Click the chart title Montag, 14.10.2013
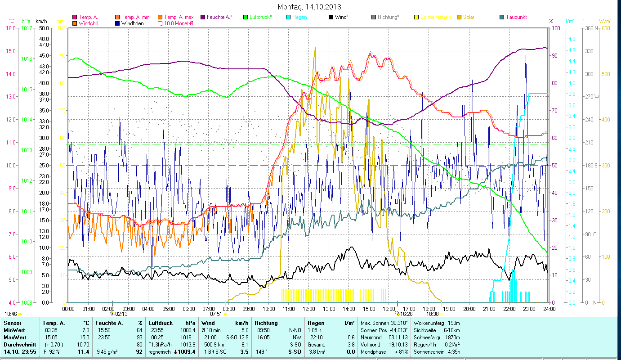click(x=309, y=7)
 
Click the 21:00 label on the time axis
click(x=489, y=309)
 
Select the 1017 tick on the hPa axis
click(x=27, y=28)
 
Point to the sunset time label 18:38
click(x=433, y=314)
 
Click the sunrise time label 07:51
click(x=216, y=314)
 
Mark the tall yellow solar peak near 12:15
click(x=315, y=48)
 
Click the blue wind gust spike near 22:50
click(x=526, y=56)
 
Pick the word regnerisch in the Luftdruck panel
click(x=160, y=351)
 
